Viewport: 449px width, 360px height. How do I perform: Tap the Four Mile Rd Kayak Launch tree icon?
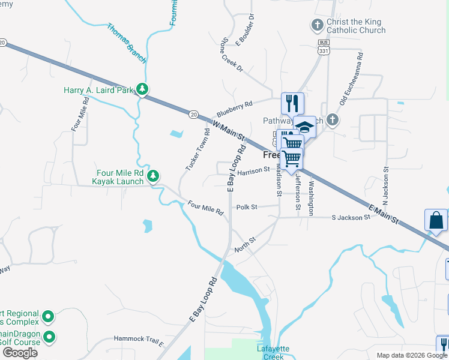(x=154, y=175)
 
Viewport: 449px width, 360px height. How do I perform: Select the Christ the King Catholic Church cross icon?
(x=318, y=25)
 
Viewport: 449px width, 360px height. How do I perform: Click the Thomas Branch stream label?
(x=126, y=43)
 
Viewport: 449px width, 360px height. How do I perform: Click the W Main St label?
(x=230, y=130)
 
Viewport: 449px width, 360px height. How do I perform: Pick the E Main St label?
(x=384, y=214)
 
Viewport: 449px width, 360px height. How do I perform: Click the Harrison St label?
(x=253, y=172)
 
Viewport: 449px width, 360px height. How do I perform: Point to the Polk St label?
(x=247, y=207)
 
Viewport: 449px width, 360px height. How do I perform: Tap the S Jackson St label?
(x=351, y=217)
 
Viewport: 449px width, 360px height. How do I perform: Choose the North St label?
(x=245, y=244)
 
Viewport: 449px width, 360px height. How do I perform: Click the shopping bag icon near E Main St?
(x=436, y=221)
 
